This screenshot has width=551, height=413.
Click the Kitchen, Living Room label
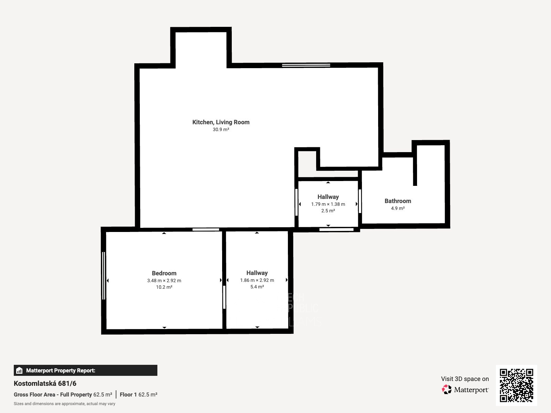(x=221, y=122)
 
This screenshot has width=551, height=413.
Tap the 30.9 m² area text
(x=221, y=130)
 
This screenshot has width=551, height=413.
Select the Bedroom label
(x=164, y=273)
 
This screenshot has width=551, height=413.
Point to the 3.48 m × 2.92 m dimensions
(x=164, y=280)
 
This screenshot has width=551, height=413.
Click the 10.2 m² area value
(x=164, y=287)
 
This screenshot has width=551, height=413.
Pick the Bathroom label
(x=398, y=201)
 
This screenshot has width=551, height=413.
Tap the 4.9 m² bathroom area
(x=398, y=208)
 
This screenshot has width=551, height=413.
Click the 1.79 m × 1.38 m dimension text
(x=328, y=204)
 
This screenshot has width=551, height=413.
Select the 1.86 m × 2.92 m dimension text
(x=257, y=280)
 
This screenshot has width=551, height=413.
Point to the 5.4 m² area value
(x=257, y=287)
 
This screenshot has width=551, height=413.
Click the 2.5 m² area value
(x=328, y=211)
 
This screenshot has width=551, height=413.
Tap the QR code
(x=516, y=385)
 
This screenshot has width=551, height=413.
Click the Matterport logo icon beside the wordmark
(x=447, y=390)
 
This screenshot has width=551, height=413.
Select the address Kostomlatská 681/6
(x=45, y=383)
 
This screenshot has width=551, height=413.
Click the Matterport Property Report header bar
(x=85, y=370)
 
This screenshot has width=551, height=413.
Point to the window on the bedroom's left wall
(x=103, y=276)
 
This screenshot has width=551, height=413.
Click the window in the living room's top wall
(x=306, y=65)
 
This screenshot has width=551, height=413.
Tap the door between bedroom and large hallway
(x=224, y=297)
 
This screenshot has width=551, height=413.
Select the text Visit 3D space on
(x=465, y=379)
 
